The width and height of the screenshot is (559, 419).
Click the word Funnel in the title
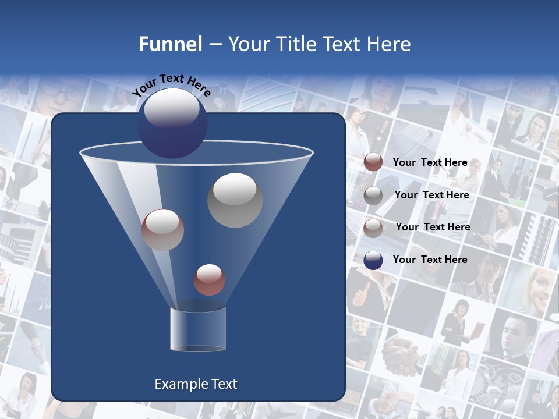(170, 44)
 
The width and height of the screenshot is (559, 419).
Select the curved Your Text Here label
(172, 85)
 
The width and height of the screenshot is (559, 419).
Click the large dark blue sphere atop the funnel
(172, 123)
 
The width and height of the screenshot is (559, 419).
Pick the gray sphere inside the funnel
(235, 200)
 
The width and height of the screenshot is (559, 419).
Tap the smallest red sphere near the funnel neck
(209, 280)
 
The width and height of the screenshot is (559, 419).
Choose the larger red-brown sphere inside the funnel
(162, 229)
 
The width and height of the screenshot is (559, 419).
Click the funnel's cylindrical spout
(198, 329)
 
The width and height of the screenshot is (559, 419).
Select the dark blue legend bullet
(373, 261)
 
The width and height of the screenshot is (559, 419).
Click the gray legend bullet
(373, 196)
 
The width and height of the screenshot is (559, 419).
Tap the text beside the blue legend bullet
(430, 260)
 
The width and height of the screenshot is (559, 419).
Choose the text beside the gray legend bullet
(431, 195)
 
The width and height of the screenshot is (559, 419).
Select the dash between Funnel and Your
(214, 44)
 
